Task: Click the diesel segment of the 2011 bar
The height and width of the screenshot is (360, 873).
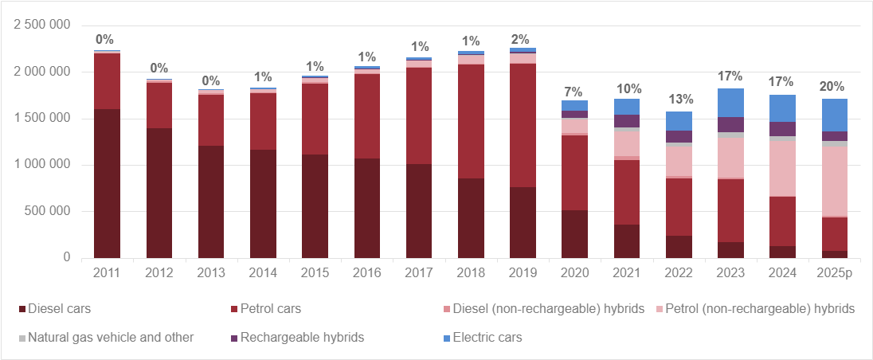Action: click(x=107, y=183)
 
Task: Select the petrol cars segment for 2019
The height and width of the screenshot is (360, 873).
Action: click(x=523, y=125)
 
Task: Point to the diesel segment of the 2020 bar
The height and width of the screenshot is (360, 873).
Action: click(x=574, y=234)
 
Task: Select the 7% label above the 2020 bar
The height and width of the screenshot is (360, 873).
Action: click(x=574, y=90)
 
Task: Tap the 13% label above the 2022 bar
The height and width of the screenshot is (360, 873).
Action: click(x=679, y=100)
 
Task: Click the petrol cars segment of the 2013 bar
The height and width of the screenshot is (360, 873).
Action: click(x=211, y=120)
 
